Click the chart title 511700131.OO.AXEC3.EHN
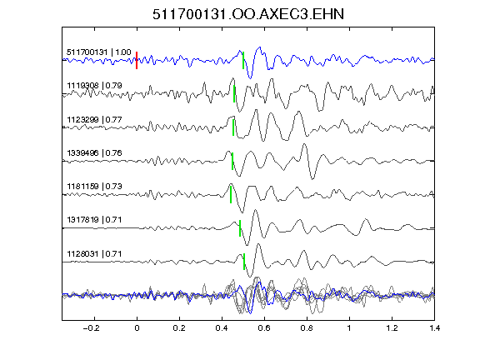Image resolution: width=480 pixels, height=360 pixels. pos(248,14)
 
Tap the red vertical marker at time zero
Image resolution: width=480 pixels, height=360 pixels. pos(137,60)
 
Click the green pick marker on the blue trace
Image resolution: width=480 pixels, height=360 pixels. pos(243,60)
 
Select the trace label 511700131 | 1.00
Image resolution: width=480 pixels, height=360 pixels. pos(99,52)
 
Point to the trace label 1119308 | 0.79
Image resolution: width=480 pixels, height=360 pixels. pos(95,85)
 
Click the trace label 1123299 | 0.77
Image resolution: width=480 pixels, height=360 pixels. pos(95,119)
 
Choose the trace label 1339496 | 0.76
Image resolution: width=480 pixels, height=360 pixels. pos(95,152)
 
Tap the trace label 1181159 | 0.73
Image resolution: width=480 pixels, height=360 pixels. pos(95,186)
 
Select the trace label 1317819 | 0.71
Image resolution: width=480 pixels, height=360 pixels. pos(95,220)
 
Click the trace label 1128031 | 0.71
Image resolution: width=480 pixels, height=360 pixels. pos(95,254)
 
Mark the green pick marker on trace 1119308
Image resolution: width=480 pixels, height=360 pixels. pos(234,94)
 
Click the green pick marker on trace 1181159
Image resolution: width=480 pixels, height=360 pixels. pos(231,195)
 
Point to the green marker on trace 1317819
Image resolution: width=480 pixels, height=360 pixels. pos(240,228)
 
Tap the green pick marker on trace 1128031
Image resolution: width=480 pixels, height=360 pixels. pos(244,262)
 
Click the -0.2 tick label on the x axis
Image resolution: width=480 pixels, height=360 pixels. pos(91,328)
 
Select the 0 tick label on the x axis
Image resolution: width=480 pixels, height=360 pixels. pos(137,328)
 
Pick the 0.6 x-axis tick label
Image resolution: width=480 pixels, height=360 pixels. pos(264,328)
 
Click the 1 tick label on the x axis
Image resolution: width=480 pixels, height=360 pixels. pos(349,328)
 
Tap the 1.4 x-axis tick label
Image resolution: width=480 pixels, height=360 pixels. pos(434,328)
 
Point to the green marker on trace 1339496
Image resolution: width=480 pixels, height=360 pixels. pos(232,162)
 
